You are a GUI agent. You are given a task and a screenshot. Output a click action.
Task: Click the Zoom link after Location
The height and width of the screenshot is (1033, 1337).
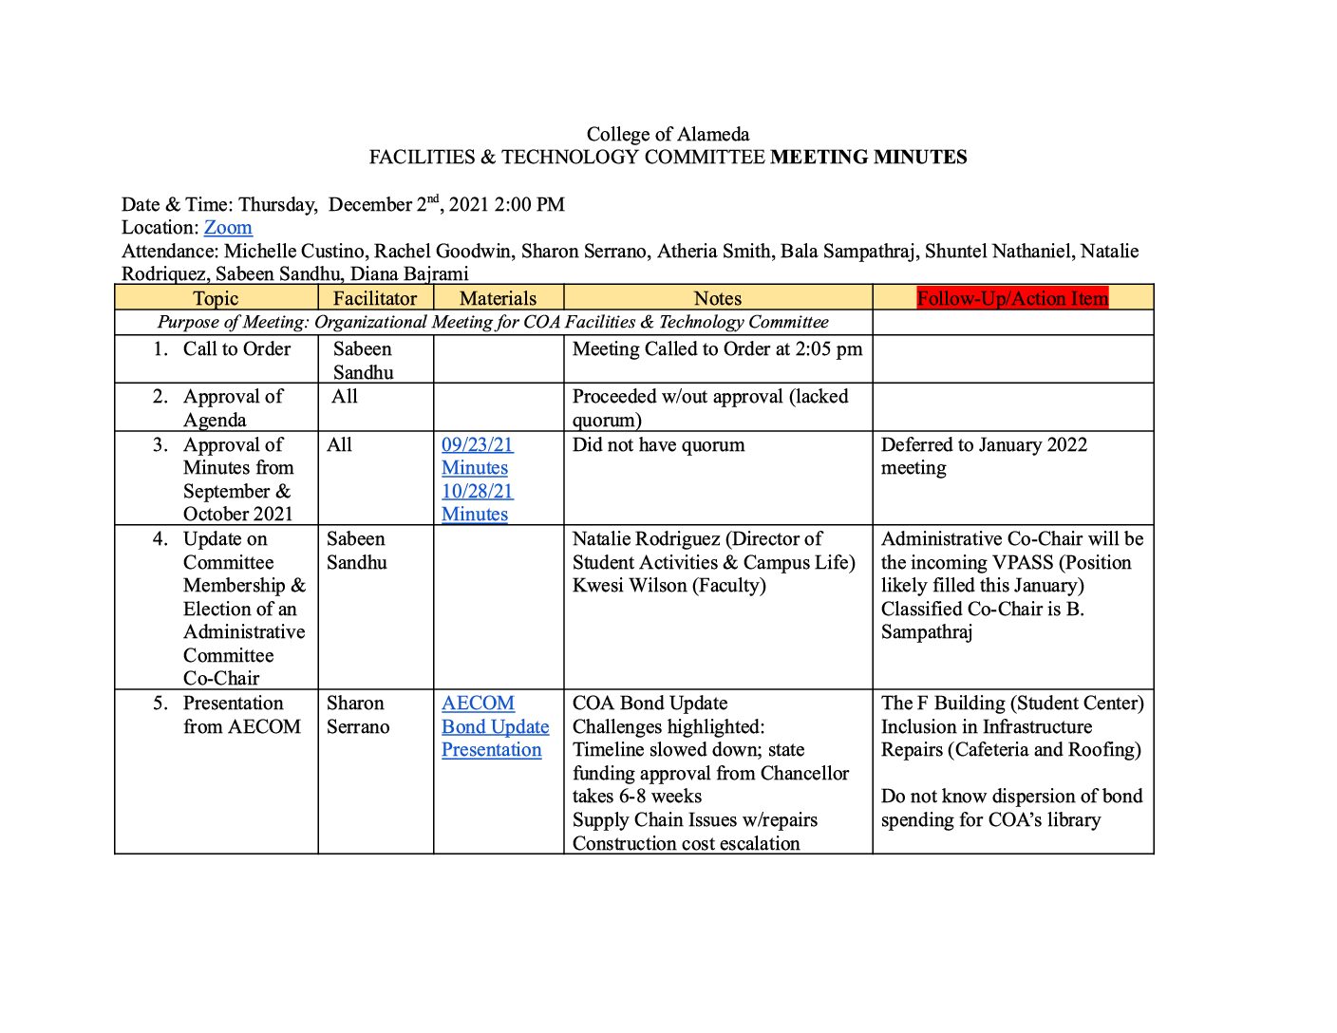pos(228,228)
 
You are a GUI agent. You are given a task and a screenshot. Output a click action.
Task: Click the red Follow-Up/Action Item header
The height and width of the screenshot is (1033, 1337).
pos(1012,298)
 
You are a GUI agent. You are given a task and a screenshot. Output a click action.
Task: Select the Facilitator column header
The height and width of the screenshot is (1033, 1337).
pos(375,298)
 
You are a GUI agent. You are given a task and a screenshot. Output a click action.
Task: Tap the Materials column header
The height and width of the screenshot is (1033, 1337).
pos(498,298)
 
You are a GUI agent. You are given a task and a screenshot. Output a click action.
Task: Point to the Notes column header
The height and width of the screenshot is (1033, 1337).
pos(718,298)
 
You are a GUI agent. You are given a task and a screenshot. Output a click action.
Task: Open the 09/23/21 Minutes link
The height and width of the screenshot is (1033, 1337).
pos(477,456)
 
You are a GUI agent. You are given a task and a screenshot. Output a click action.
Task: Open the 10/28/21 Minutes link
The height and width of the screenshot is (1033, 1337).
pos(477,502)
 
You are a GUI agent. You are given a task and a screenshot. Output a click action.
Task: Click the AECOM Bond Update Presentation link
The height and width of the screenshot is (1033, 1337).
pos(495,726)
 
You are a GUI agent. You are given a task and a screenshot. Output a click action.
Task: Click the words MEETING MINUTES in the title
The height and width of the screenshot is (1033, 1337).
pos(868,158)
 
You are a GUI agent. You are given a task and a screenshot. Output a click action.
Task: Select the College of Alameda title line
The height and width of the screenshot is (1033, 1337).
pos(668,135)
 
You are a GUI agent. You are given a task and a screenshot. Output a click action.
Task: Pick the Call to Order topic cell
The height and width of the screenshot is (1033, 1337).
pos(236,349)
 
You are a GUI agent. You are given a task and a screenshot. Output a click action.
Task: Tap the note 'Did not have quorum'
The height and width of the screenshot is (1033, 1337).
pos(658,445)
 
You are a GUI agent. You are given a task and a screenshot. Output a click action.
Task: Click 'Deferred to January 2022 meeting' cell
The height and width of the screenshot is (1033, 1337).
pos(984,456)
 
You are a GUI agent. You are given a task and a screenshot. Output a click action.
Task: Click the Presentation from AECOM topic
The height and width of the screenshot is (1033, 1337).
pos(241,715)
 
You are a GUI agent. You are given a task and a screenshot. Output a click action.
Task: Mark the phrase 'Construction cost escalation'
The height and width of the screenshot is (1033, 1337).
pos(686,843)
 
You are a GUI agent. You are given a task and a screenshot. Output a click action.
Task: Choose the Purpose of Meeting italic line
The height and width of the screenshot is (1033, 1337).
pos(493,323)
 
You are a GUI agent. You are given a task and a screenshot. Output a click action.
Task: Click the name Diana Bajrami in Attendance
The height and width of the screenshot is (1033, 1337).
pos(409,274)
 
